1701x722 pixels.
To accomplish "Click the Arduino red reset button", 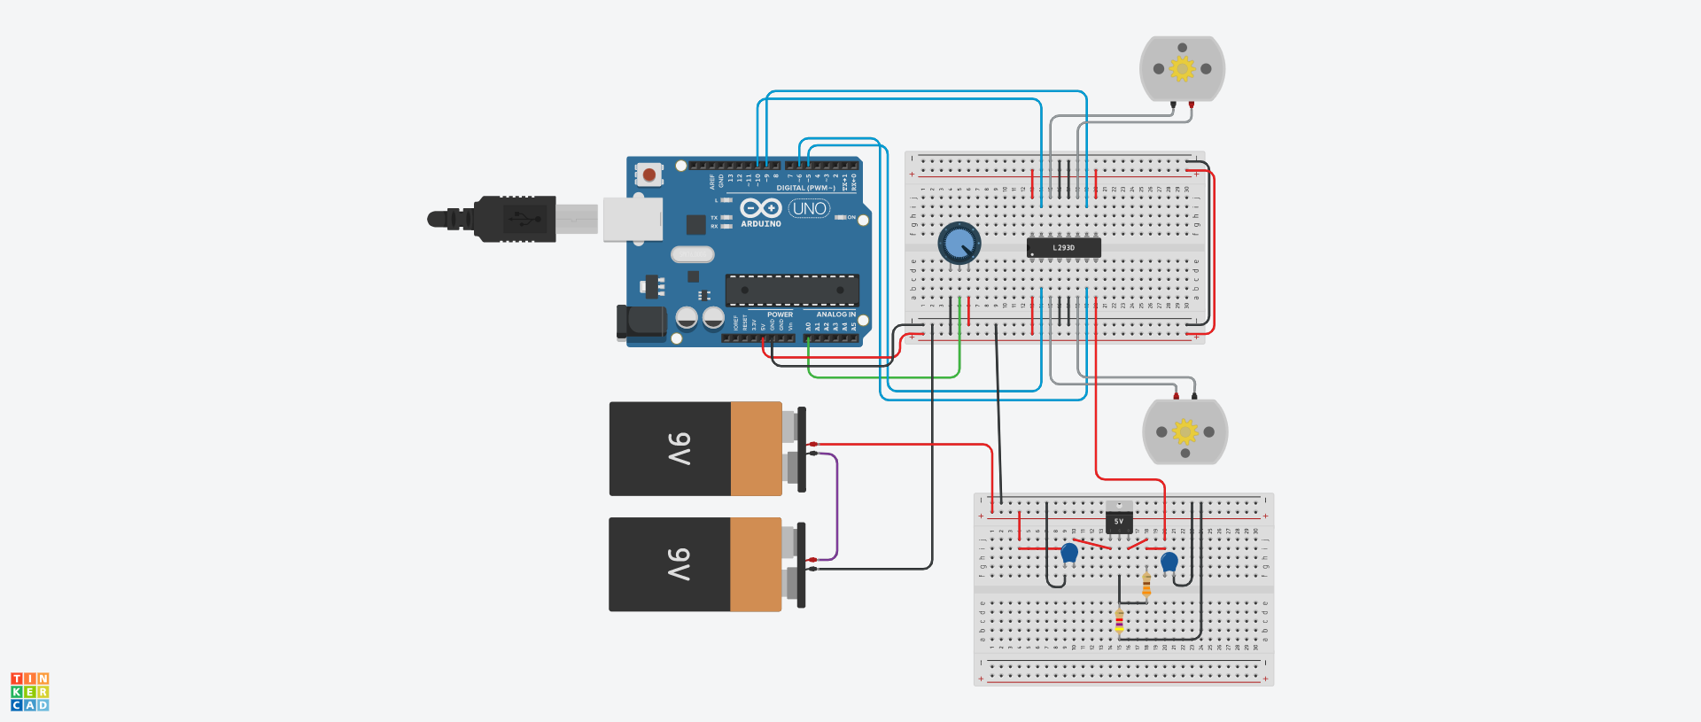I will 649,175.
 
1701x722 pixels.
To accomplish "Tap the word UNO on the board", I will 809,208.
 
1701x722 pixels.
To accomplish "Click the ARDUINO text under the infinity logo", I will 761,224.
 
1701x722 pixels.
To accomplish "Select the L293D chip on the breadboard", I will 1063,248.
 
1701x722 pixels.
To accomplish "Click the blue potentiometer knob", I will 959,243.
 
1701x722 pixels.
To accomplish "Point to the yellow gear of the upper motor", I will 1182,68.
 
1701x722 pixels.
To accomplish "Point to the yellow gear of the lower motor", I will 1184,431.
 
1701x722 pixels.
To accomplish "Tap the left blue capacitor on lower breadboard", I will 1069,553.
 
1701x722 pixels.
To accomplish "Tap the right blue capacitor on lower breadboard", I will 1169,562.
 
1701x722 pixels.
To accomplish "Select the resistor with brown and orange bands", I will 1146,585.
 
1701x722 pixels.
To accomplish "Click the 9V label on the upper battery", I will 679,449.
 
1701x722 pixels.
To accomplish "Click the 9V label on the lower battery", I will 679,564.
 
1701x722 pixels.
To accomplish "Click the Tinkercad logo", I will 30,691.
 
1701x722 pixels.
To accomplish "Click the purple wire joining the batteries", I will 836,505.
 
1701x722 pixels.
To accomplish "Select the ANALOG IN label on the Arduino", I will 835,314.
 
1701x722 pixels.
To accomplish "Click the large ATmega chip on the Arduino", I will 792,290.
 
